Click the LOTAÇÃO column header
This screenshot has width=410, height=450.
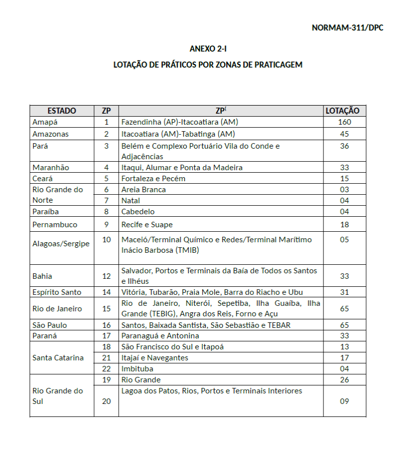342,111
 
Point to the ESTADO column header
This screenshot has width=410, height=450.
62,111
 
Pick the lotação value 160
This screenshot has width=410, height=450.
344,122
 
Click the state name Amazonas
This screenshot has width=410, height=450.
51,134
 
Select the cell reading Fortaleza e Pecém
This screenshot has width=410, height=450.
153,179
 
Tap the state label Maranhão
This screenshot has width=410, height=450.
51,168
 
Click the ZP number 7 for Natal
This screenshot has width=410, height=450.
106,201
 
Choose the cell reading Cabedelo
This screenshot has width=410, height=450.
138,212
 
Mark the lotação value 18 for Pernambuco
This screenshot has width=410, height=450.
344,225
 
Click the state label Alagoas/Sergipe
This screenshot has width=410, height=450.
61,244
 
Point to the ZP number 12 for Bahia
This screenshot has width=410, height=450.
106,276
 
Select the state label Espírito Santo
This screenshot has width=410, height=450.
57,292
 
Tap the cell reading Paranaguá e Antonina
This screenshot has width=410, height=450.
160,336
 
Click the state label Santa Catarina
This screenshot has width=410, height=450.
58,358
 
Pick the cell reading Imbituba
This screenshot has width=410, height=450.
138,369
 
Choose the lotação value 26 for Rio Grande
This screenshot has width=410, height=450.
344,380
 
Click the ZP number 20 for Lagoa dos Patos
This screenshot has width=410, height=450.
106,401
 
